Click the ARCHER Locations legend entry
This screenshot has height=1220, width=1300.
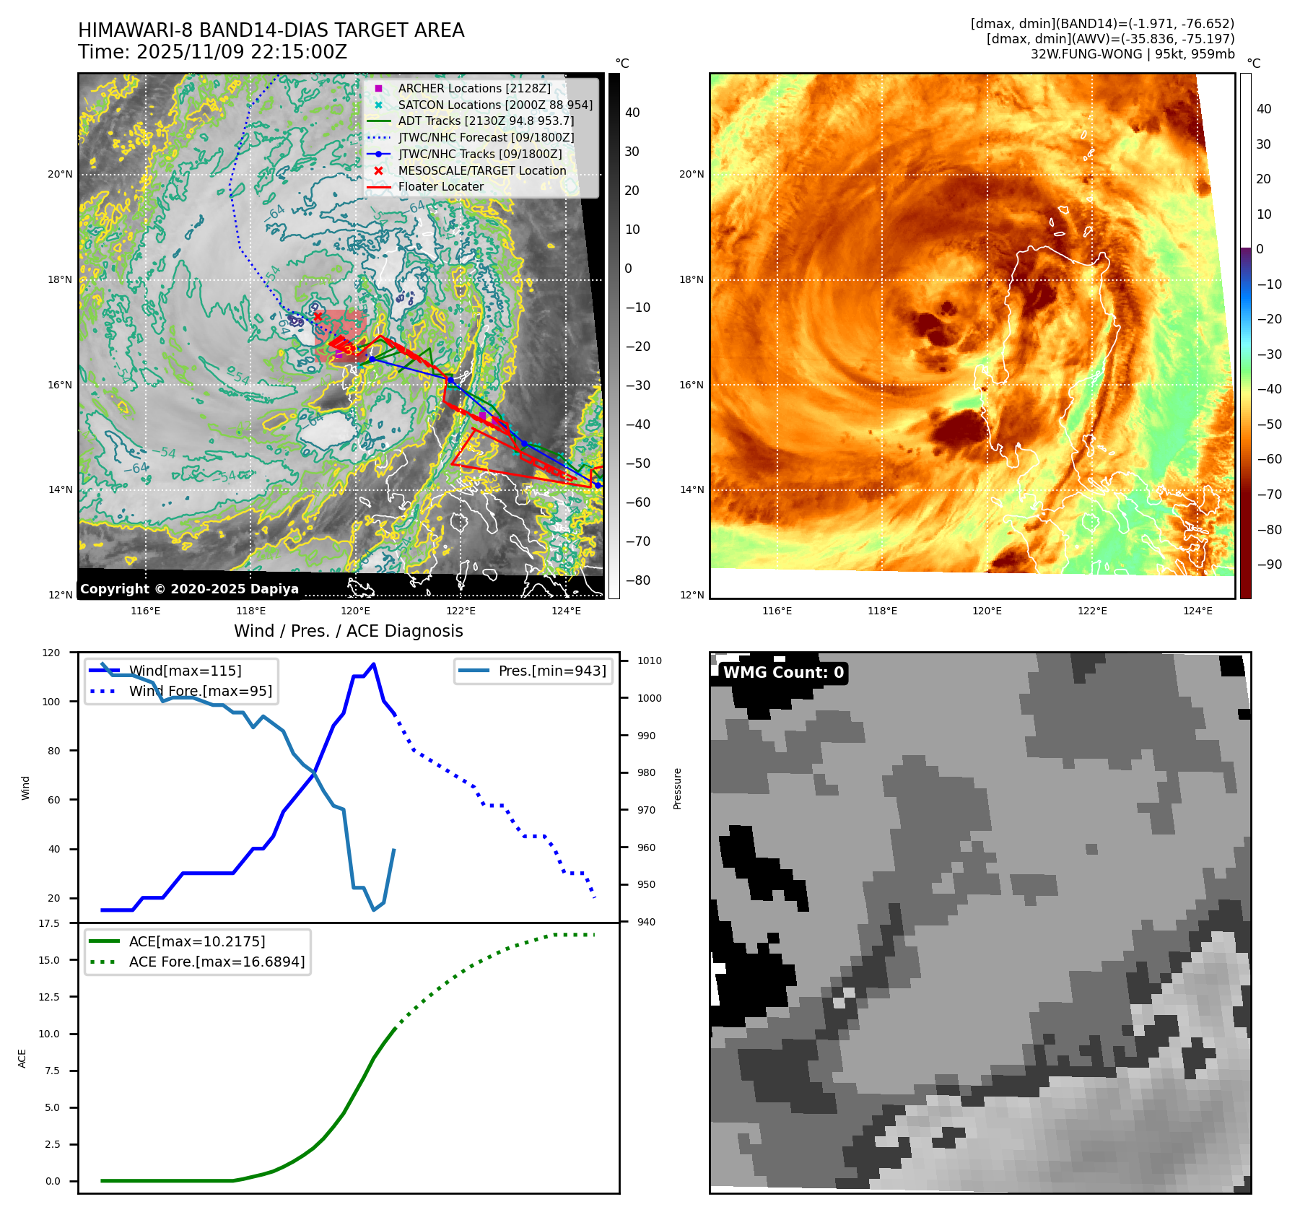click(474, 88)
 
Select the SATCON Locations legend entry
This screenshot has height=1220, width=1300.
click(495, 105)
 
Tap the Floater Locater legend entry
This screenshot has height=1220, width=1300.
click(440, 186)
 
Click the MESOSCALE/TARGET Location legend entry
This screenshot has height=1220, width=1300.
click(481, 170)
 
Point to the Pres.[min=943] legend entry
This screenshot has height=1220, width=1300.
click(551, 671)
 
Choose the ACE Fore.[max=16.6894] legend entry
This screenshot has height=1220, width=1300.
click(217, 962)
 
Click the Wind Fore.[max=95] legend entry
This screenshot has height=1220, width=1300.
click(200, 691)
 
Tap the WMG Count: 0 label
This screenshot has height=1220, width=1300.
click(783, 673)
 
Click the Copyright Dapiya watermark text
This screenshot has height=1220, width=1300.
click(189, 589)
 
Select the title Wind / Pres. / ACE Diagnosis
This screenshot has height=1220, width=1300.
click(348, 631)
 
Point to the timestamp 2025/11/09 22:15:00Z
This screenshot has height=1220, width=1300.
click(241, 52)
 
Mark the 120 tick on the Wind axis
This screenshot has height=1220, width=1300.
click(51, 653)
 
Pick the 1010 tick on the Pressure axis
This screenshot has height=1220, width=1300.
click(649, 661)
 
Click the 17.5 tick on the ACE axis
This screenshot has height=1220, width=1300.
click(49, 923)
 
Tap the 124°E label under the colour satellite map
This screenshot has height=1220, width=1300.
click(1198, 611)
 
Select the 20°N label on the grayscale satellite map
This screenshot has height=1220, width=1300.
click(60, 174)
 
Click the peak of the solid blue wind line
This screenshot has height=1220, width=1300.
click(373, 664)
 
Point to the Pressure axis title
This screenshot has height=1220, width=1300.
click(677, 788)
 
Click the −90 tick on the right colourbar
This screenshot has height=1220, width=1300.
click(1269, 565)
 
